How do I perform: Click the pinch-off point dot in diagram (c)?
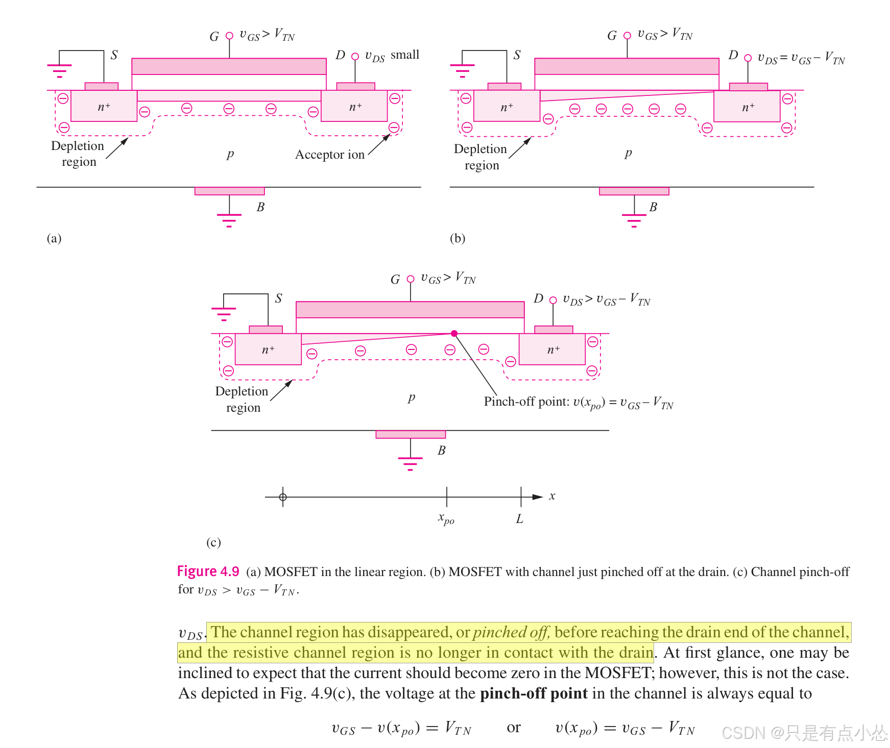pyautogui.click(x=454, y=334)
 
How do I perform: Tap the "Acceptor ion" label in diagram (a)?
pyautogui.click(x=330, y=155)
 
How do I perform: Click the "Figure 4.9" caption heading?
pyautogui.click(x=208, y=571)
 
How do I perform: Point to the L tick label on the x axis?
pyautogui.click(x=519, y=519)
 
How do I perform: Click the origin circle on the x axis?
pyautogui.click(x=283, y=497)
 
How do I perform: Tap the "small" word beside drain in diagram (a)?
pyautogui.click(x=405, y=55)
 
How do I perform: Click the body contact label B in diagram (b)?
pyautogui.click(x=653, y=207)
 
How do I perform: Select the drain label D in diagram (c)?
pyautogui.click(x=538, y=298)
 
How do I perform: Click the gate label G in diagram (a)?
pyautogui.click(x=214, y=37)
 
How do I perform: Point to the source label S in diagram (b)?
pyautogui.click(x=517, y=55)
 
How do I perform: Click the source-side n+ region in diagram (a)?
pyautogui.click(x=104, y=107)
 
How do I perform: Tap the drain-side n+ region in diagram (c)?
pyautogui.click(x=552, y=350)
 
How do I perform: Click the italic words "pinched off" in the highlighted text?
pyautogui.click(x=511, y=633)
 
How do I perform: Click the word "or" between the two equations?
pyautogui.click(x=514, y=728)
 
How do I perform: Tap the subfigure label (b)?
pyautogui.click(x=458, y=238)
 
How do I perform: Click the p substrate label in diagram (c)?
pyautogui.click(x=412, y=397)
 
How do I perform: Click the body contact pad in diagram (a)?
pyautogui.click(x=229, y=191)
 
